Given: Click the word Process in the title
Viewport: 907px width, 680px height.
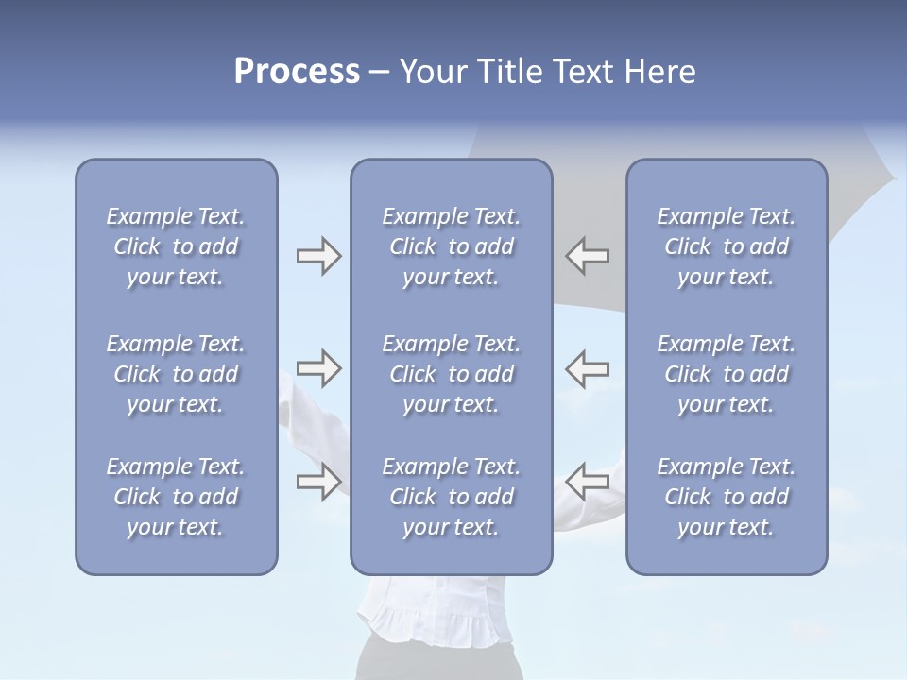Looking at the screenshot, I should (x=297, y=72).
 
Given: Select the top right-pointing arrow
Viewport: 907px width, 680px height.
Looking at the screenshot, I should (x=318, y=256).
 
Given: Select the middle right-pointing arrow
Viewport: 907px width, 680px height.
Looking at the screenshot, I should (x=318, y=368).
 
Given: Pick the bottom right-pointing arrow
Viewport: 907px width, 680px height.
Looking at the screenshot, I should (x=318, y=482).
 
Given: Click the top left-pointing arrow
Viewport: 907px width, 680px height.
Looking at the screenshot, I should (x=587, y=256).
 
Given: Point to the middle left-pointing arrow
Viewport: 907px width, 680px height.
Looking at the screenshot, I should (x=587, y=368).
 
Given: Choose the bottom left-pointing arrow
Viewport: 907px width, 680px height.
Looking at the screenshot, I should (x=587, y=482).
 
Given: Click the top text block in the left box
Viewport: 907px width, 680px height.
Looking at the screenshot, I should (x=176, y=246).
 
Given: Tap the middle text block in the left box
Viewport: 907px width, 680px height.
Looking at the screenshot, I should (x=176, y=374).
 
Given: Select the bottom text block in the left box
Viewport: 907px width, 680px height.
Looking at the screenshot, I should (x=176, y=497).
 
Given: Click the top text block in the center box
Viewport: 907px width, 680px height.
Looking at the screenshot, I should (x=451, y=246).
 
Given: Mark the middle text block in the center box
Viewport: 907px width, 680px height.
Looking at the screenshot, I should (x=451, y=374).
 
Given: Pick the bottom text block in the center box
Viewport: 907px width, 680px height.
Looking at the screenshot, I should (x=451, y=497).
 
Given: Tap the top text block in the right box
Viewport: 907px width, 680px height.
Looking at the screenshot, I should (x=726, y=246).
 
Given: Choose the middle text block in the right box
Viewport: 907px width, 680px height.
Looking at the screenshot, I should (x=726, y=374).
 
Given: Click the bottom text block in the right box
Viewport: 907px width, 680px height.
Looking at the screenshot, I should (x=726, y=497).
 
